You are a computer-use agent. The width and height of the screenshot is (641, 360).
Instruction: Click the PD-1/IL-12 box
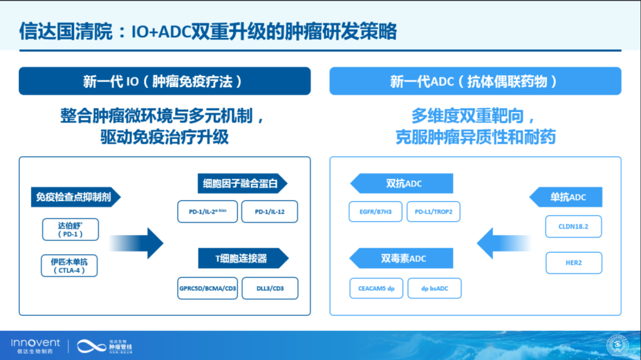[x=269, y=212]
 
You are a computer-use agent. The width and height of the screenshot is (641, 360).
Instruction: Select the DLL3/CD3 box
[x=269, y=288]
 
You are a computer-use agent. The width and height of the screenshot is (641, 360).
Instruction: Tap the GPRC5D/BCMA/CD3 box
[x=207, y=288]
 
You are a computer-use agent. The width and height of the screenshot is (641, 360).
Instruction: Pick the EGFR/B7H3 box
[x=375, y=212]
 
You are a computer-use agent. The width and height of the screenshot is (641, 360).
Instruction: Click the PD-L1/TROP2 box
[x=433, y=212]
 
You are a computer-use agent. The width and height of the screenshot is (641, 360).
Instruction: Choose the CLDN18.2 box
[x=573, y=227]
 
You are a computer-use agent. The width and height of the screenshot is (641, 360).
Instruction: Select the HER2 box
[x=573, y=263]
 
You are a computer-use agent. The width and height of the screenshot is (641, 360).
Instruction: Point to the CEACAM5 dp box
[x=376, y=288]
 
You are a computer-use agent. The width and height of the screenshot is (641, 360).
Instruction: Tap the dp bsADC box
[x=434, y=288]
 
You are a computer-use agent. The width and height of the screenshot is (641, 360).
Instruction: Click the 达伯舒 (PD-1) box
[x=70, y=230]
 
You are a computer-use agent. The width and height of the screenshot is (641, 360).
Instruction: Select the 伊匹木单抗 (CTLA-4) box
[x=69, y=266]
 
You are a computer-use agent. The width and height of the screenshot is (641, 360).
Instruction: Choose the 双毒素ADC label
[x=402, y=258]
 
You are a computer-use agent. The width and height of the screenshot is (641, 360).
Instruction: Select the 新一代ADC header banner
[x=475, y=81]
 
